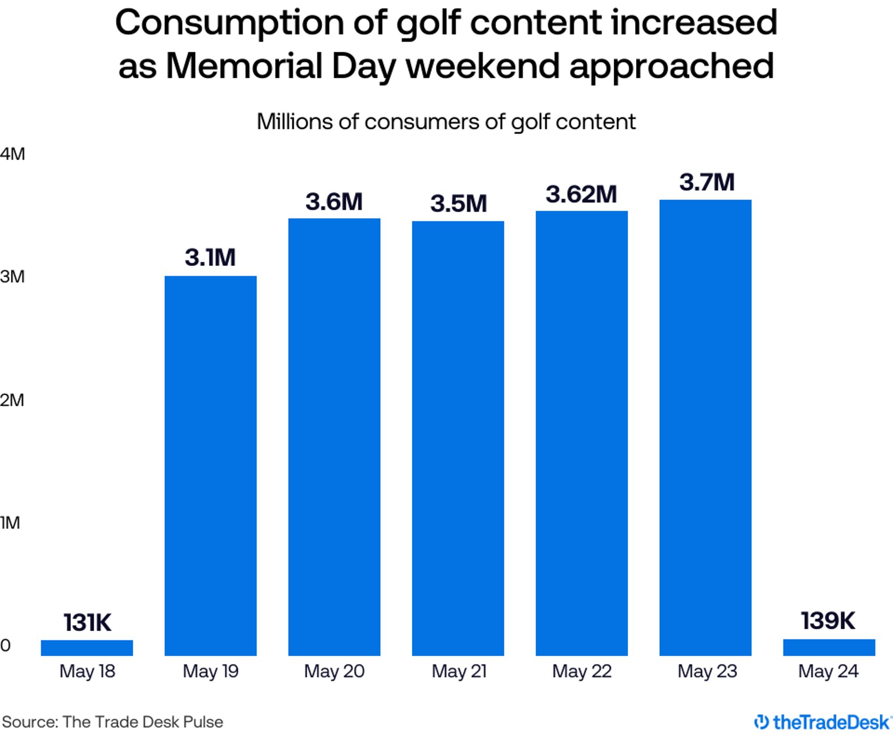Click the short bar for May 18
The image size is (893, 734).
[x=87, y=647]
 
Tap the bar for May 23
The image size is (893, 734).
[x=705, y=428]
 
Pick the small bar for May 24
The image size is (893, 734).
[x=829, y=647]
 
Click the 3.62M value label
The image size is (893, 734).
[x=581, y=194]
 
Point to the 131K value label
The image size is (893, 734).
[x=87, y=622]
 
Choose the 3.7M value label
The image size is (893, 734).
[x=707, y=182]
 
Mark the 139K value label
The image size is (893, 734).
[x=828, y=620]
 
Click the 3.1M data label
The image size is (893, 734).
[x=210, y=257]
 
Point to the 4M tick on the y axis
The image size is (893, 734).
[x=12, y=154]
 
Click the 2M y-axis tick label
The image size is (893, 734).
[x=12, y=400]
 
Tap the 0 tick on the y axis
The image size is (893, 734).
[x=5, y=645]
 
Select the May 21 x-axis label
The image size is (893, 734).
[x=459, y=671]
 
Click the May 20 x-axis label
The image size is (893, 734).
[x=334, y=671]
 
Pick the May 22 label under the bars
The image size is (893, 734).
[x=582, y=671]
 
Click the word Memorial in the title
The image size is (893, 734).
[x=244, y=66]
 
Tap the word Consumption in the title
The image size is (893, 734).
[x=230, y=23]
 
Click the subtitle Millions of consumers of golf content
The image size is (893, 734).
[x=446, y=122]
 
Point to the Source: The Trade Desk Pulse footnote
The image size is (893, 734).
[x=113, y=722]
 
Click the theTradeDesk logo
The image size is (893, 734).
[x=822, y=722]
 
